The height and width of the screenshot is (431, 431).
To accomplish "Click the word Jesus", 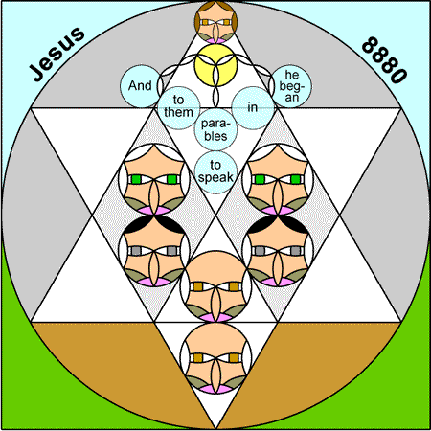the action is (x=57, y=54).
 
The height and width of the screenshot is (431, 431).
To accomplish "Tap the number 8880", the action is (x=384, y=60).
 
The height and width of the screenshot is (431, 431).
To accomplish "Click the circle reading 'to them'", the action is (x=179, y=108).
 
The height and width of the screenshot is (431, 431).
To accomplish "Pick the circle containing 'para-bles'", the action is (x=215, y=129).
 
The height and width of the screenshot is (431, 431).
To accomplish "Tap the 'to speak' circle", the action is (x=215, y=172).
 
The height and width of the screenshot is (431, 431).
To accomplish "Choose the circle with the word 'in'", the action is (x=253, y=108).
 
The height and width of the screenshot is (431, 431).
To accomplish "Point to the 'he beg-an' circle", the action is (x=290, y=86).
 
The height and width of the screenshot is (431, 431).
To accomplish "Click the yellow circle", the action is (x=215, y=65).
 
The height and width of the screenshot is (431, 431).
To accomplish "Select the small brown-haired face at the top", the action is (x=215, y=22).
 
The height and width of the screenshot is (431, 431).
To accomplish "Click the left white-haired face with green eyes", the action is (x=154, y=179).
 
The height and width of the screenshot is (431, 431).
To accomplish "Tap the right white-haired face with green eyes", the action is (x=278, y=179).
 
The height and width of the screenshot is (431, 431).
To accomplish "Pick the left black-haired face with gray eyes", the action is (x=154, y=251).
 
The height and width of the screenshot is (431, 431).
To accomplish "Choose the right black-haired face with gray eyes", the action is (x=278, y=251).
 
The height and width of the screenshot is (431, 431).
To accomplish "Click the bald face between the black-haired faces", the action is (x=215, y=286).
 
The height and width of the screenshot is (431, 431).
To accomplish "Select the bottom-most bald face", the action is (x=215, y=358).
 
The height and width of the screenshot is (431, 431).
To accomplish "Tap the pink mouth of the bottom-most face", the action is (x=215, y=389).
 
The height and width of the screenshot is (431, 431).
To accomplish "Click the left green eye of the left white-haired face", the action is (x=136, y=179).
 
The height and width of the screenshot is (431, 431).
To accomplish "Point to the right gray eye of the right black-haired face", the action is (x=296, y=251).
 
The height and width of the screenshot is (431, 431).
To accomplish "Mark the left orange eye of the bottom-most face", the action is (x=198, y=358).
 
